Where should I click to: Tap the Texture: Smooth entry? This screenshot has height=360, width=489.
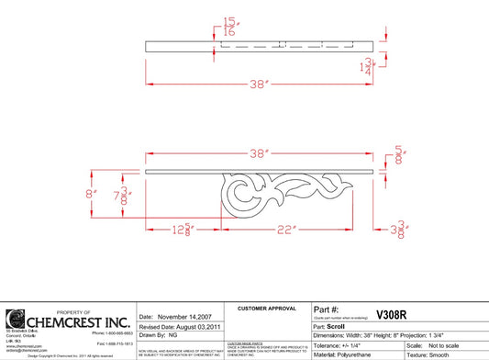(450, 354)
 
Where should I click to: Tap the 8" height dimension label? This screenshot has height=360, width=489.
(91, 194)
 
